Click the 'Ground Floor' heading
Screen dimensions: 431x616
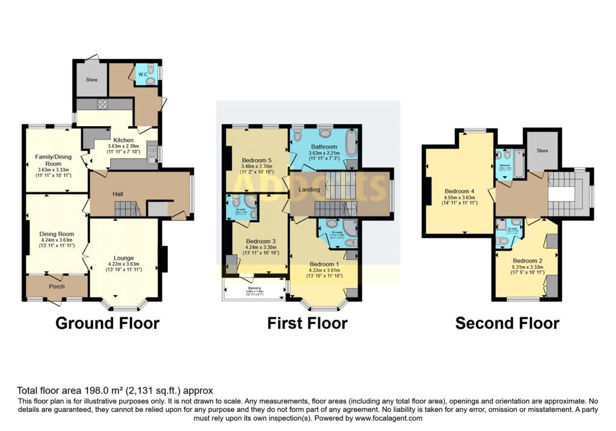click(x=107, y=323)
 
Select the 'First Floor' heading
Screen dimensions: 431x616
click(x=307, y=323)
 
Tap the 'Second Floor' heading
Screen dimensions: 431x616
click(x=507, y=323)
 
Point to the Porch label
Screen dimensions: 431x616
click(x=57, y=287)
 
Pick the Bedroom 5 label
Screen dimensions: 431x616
click(x=257, y=160)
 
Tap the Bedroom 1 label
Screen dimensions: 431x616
click(x=324, y=264)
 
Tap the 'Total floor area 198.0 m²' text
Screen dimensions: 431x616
click(x=114, y=390)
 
